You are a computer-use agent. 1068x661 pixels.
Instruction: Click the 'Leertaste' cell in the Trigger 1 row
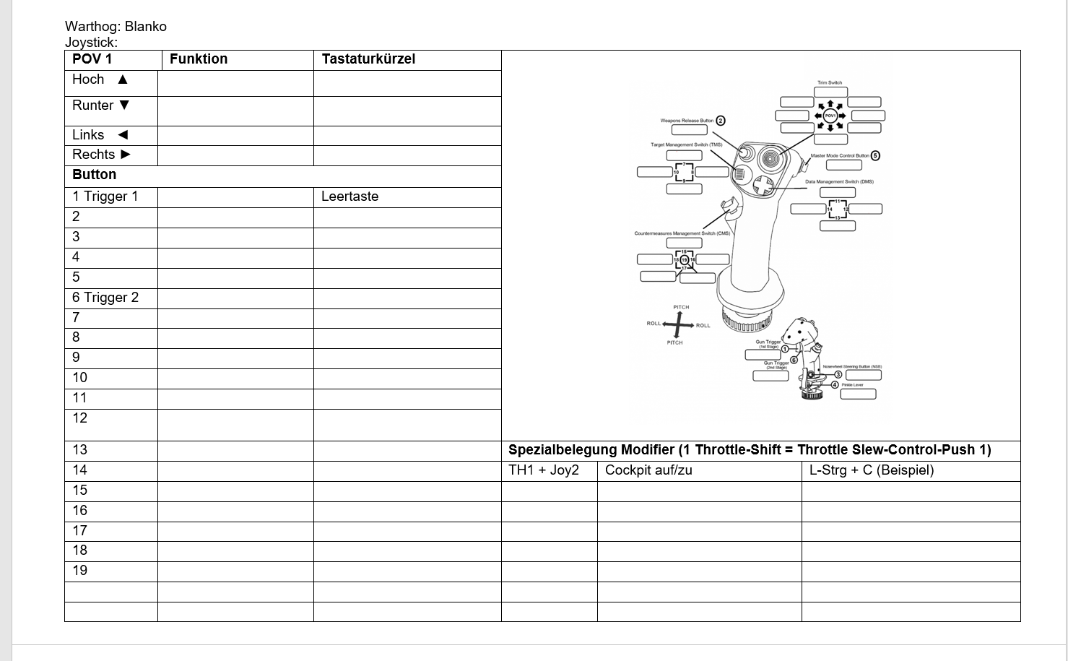click(350, 196)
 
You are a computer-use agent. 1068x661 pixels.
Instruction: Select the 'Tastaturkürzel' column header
click(368, 59)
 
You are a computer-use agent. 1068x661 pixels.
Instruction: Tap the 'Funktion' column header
click(199, 59)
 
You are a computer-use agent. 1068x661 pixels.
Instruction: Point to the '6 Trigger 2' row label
click(105, 298)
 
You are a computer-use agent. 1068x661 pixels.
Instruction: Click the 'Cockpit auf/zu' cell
click(648, 470)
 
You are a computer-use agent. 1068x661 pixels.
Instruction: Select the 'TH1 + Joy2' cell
click(544, 470)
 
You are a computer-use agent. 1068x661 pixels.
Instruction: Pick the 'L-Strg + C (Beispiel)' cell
click(872, 470)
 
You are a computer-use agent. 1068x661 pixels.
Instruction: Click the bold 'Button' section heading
click(94, 175)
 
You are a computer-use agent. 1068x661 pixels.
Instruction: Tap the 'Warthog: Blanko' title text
click(116, 27)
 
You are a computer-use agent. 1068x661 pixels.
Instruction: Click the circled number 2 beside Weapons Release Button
click(720, 121)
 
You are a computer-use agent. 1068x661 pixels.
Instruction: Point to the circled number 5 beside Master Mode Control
click(875, 155)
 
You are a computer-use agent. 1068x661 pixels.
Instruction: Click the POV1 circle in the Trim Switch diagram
click(830, 116)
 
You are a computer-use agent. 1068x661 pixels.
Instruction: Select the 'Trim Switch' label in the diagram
click(830, 83)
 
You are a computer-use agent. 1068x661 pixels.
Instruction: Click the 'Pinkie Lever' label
click(852, 385)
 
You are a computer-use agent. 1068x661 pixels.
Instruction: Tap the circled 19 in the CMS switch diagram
click(685, 260)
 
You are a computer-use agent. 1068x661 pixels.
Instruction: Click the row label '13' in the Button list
click(80, 450)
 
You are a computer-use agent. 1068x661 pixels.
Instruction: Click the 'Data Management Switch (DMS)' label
click(839, 182)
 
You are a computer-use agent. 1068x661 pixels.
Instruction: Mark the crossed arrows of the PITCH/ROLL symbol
click(677, 325)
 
